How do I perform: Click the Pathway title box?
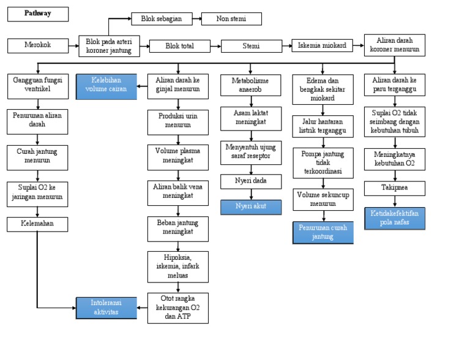pos(38,13)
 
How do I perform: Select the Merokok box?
pos(38,45)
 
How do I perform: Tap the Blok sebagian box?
pos(162,19)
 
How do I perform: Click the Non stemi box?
pos(231,19)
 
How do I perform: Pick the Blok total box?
pos(179,46)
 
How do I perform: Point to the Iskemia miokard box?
pos(322,45)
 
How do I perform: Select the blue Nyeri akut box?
pos(251,207)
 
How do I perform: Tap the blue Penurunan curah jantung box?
pos(323,232)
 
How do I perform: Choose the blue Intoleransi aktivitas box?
pos(106,308)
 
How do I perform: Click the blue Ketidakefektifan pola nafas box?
pos(395,218)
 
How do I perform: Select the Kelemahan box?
pos(37,224)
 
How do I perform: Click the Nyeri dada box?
pos(251,181)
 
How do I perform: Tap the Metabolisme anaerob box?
pos(251,86)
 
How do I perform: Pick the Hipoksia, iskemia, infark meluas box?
pos(177,267)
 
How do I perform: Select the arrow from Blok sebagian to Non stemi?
pos(196,19)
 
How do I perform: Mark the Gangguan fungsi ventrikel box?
pos(37,86)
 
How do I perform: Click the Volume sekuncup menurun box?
pos(323,199)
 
